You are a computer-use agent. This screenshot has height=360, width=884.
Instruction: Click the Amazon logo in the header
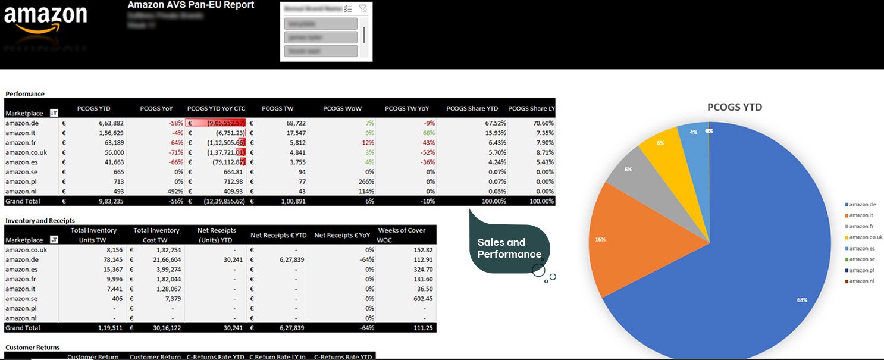click(x=45, y=20)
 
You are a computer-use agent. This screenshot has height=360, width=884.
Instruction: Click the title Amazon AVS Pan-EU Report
click(x=190, y=5)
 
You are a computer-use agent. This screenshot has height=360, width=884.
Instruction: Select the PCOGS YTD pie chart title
click(x=734, y=108)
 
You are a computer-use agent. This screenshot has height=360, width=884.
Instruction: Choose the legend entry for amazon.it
click(x=862, y=215)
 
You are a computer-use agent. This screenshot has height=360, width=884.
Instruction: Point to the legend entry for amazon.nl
click(x=862, y=281)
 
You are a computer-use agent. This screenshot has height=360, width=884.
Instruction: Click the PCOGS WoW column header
click(x=342, y=108)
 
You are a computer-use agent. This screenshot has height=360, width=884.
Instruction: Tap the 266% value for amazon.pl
click(x=364, y=181)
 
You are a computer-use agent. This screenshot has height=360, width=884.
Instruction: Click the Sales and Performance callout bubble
click(x=509, y=248)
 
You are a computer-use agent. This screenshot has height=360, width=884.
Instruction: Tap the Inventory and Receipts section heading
click(x=40, y=221)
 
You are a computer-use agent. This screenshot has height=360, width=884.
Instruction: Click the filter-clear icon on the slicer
click(x=363, y=9)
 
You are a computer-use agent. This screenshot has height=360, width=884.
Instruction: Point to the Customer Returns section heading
click(x=32, y=348)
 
